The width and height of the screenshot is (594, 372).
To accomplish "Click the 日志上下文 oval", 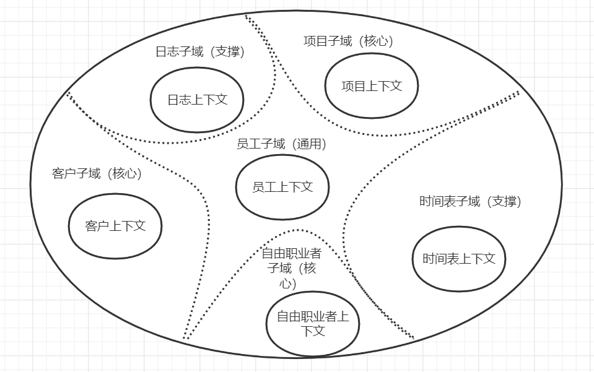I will pos(197,100).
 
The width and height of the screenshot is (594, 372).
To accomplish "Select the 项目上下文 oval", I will pos(372,86).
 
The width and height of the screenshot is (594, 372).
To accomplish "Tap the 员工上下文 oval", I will pos(282,187).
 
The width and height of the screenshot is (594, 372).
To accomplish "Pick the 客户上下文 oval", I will pos(115,226).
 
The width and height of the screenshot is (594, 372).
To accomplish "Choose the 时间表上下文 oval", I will pos(459,259).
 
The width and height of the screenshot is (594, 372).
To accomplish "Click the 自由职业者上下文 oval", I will pos(313,324).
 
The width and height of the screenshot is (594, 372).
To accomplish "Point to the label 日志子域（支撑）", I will pos(199,52).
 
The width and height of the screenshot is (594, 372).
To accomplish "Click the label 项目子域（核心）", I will pos(348,41).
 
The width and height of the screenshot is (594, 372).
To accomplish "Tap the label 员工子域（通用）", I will pos(281,144).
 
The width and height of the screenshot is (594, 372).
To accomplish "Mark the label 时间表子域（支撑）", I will pos(470,202).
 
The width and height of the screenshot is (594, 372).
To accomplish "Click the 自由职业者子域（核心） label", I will pos(291,268).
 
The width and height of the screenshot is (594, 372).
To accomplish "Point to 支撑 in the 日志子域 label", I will pos(228,52).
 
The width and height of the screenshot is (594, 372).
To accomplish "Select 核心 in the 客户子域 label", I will pos(126,174).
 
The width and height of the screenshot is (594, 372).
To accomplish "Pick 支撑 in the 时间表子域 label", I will pos(506,202).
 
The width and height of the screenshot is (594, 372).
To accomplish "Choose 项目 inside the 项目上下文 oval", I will pos(354,86).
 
